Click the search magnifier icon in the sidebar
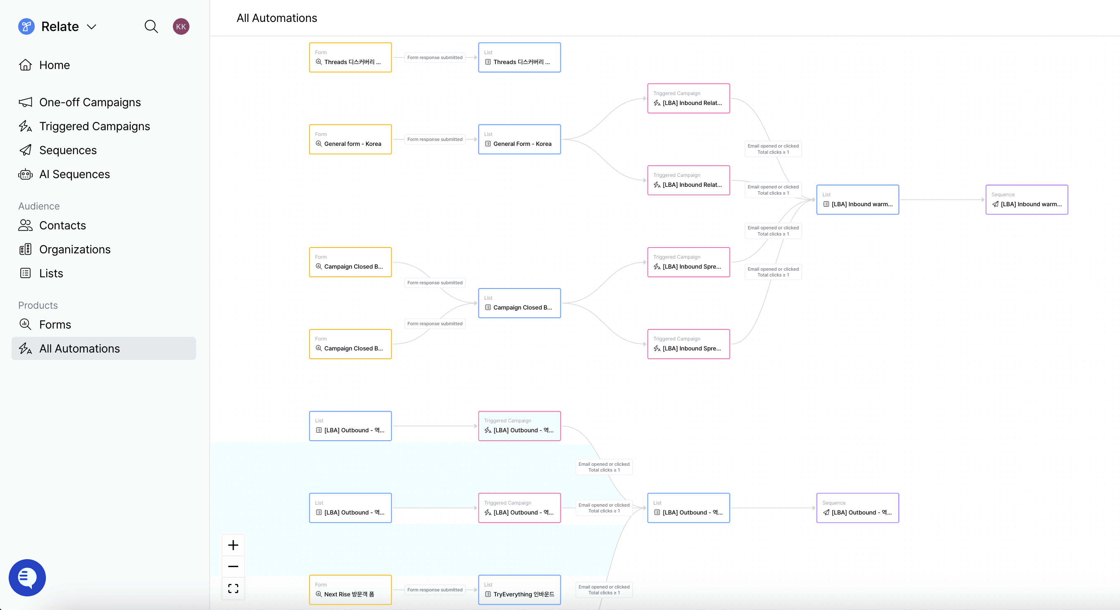151,26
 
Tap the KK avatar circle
181,26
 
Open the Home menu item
54,65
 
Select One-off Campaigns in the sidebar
90,102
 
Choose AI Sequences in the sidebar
74,174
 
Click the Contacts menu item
62,226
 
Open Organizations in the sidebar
75,249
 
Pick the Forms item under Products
55,324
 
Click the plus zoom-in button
233,545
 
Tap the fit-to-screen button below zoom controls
233,588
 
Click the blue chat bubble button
27,577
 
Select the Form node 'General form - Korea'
350,139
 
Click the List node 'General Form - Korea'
519,139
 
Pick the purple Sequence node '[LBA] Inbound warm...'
1027,200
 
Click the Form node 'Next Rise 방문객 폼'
350,590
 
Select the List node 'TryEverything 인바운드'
519,590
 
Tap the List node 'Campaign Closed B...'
519,303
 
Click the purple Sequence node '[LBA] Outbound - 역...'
857,508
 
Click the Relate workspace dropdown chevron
91,27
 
